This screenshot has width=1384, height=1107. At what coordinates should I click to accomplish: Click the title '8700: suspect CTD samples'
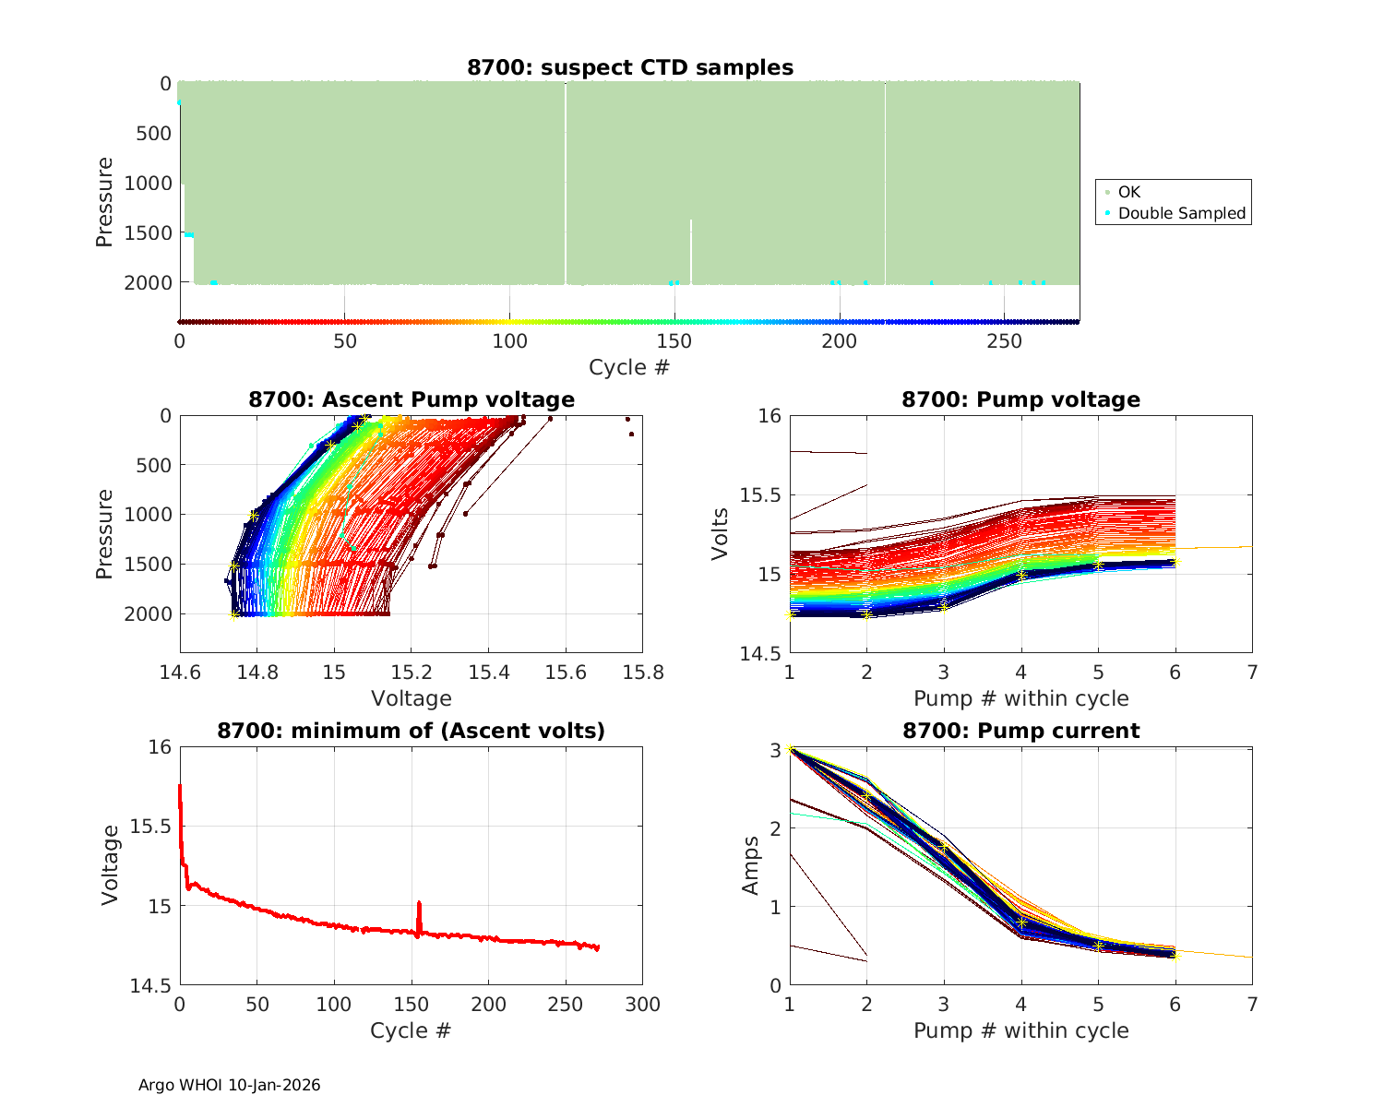tap(629, 67)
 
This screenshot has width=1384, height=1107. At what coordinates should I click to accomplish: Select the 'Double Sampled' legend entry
tap(1181, 213)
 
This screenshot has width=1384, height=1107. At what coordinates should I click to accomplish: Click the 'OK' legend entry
tap(1128, 192)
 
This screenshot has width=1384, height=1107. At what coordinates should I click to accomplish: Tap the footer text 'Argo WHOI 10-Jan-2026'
tap(229, 1085)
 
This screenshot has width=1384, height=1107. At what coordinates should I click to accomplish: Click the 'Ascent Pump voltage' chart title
tap(411, 399)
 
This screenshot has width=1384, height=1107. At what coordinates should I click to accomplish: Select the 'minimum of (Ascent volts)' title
tap(411, 731)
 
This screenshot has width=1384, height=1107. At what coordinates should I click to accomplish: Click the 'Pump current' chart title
tap(1020, 731)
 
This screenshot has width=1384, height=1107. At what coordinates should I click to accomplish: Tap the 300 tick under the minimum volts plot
tap(643, 1004)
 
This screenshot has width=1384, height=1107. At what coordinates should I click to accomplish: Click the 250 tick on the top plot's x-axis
tap(1004, 340)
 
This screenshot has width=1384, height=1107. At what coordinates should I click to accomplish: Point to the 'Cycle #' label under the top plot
tap(629, 367)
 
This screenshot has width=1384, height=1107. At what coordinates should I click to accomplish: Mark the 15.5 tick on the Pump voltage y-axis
tap(760, 495)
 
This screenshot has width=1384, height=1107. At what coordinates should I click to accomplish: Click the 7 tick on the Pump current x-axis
tap(1252, 1004)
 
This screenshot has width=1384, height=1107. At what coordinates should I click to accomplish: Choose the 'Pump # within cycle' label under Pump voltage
tap(1020, 698)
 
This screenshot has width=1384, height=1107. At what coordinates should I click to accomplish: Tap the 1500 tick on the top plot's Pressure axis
tap(148, 232)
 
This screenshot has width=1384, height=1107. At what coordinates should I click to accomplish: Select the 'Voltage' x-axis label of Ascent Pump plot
tap(411, 698)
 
